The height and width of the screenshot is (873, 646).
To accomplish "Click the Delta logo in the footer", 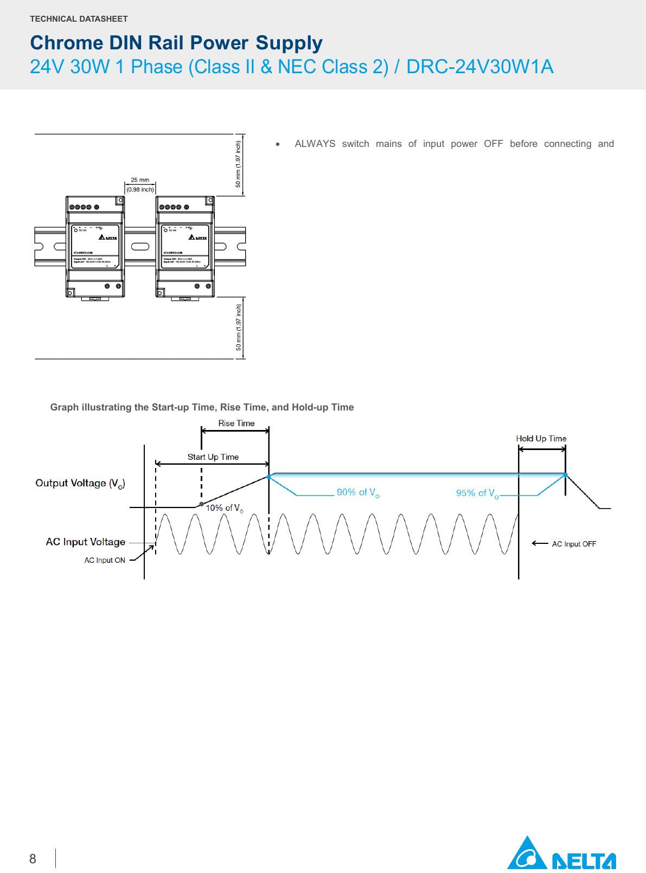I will [561, 854].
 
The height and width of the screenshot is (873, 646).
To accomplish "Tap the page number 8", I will [33, 859].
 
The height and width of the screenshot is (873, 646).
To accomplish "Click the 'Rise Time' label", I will [236, 423].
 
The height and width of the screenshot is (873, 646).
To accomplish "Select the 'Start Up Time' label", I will [213, 457].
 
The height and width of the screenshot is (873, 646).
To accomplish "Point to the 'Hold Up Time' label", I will [541, 439].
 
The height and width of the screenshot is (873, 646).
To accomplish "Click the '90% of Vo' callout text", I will [358, 492].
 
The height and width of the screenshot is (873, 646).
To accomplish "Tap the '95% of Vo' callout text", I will [477, 493].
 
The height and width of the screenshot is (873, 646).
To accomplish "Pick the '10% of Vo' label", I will [224, 508].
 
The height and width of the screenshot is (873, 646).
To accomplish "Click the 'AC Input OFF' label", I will [574, 544].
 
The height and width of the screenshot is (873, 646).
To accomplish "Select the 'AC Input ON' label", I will [105, 560].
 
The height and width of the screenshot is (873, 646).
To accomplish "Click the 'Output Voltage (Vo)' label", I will [80, 483].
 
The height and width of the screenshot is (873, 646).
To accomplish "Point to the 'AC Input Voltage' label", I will [86, 542].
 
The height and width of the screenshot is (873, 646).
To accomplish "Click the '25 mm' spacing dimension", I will [140, 180].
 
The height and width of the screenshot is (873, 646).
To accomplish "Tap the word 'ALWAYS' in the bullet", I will [315, 144].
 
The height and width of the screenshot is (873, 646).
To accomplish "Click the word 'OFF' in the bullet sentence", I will [493, 144].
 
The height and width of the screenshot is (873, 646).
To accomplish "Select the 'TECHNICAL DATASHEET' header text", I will [79, 19].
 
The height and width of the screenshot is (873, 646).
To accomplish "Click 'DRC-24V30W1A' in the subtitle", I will [479, 67].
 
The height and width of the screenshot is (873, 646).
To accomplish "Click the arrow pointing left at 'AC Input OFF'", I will [540, 543].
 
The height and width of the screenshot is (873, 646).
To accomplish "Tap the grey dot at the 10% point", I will [202, 504].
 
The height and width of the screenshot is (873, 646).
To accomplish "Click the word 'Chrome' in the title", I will [67, 43].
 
